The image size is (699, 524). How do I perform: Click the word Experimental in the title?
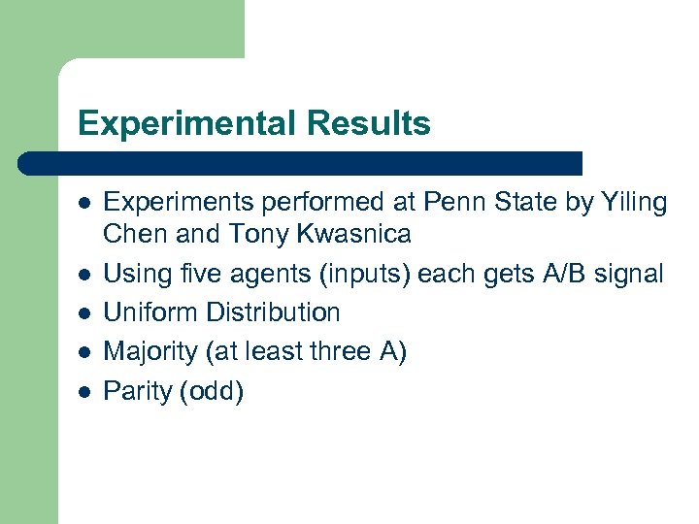tap(187, 124)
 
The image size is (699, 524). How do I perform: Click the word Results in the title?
tap(369, 124)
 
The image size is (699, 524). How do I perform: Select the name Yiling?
tap(633, 203)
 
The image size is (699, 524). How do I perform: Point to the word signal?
tap(631, 274)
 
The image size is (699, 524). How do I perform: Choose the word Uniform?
tap(146, 312)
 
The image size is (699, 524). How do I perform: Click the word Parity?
tap(136, 391)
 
